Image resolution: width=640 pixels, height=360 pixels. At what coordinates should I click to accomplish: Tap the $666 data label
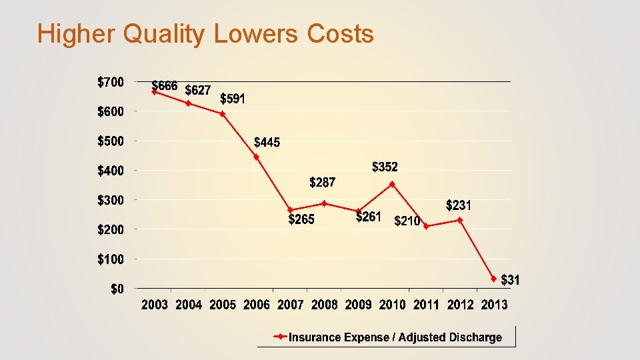click(165, 86)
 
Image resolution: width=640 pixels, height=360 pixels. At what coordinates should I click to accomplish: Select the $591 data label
click(233, 99)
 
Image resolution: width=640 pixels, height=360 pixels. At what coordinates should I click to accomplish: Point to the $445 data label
click(267, 142)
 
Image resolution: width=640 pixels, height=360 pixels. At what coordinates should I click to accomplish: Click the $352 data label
click(385, 166)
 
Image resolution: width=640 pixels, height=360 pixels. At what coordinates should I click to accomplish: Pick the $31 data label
click(510, 279)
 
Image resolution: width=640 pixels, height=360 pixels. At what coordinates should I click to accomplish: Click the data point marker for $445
click(257, 157)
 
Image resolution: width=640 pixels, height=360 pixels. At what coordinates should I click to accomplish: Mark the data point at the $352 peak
click(392, 185)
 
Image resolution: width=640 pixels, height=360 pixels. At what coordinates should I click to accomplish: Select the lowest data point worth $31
click(494, 279)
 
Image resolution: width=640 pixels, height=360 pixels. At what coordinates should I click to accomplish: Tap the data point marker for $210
click(426, 227)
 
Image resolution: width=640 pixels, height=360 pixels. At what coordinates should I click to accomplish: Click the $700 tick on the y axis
click(111, 82)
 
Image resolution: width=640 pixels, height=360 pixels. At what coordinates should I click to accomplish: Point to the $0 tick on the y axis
click(117, 289)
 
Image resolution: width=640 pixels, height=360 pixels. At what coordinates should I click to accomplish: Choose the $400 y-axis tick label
click(111, 171)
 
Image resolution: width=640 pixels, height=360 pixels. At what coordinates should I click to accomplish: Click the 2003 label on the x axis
click(155, 305)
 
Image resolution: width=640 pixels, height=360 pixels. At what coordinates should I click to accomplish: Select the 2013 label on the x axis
click(494, 305)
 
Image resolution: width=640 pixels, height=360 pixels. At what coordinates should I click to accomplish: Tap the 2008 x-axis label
click(324, 305)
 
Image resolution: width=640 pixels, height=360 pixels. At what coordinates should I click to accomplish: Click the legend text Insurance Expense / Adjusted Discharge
click(395, 337)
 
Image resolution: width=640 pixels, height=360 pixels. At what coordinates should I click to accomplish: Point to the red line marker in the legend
click(281, 337)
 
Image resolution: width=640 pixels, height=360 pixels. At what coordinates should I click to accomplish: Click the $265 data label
click(301, 219)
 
